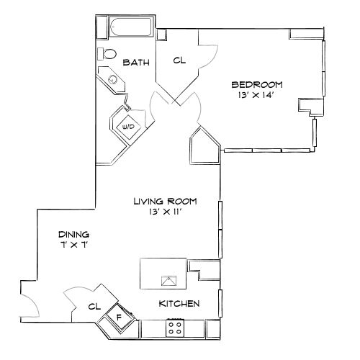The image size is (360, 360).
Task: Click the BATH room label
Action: point(136,63)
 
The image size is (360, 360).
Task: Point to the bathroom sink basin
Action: point(112,79)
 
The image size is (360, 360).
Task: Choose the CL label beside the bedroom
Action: point(179,60)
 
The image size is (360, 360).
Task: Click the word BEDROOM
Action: point(257,84)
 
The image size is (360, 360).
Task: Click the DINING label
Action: point(73,235)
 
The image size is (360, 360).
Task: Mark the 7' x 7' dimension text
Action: point(73,246)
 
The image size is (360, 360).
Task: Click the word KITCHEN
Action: point(179,304)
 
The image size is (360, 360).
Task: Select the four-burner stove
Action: point(174,328)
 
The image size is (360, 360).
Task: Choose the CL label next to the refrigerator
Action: point(93,306)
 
